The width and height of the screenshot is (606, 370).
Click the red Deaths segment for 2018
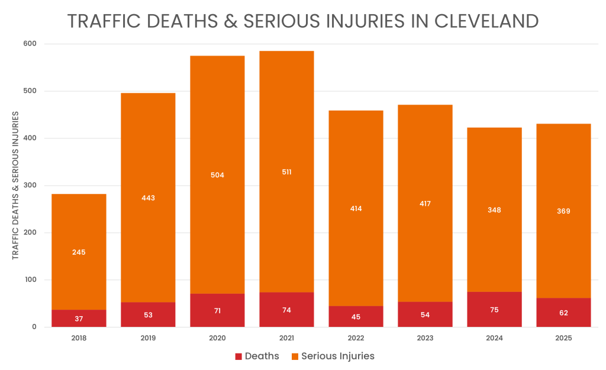[79, 318]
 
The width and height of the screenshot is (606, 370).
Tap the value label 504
[217, 175]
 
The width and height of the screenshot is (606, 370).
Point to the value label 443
[148, 198]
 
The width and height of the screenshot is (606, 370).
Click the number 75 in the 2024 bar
[494, 310]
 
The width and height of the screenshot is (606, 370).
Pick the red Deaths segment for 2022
[356, 316]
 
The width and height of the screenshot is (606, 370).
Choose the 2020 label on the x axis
[217, 339]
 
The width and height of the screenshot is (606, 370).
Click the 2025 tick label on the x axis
[563, 339]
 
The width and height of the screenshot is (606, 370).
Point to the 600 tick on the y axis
[30, 44]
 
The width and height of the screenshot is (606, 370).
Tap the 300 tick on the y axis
[30, 186]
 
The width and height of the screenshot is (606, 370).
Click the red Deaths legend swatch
[238, 356]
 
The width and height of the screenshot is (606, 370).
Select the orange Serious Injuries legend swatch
[294, 356]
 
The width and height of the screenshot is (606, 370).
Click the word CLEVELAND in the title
[486, 21]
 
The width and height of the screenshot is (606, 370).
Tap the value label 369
[563, 211]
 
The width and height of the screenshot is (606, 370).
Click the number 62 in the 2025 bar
[563, 313]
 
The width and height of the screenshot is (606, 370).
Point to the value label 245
[79, 252]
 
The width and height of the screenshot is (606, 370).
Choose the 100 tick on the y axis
[30, 280]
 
